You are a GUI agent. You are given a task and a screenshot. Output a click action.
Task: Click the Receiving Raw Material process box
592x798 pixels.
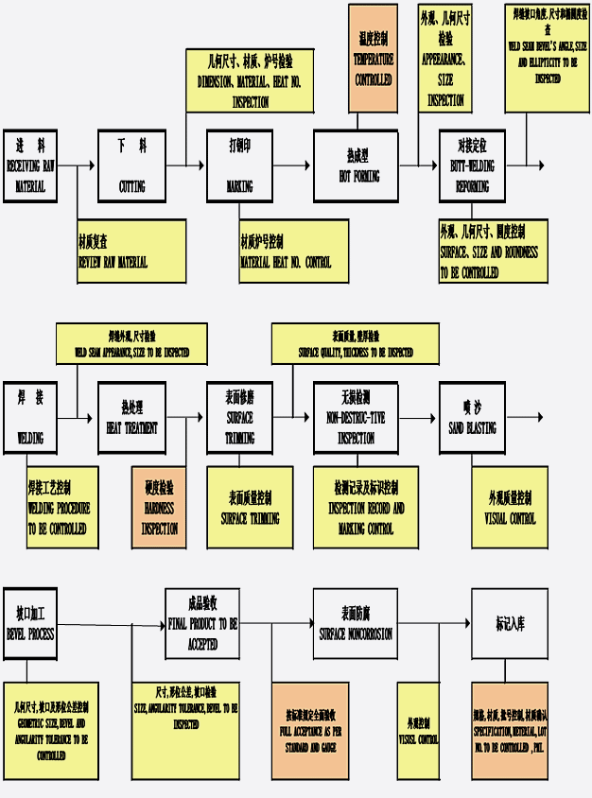click(x=29, y=165)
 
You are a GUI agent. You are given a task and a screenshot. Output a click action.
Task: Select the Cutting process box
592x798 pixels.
click(x=131, y=165)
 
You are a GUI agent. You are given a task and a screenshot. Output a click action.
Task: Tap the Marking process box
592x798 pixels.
click(x=239, y=165)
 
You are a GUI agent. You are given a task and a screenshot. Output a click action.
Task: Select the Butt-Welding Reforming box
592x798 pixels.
click(x=472, y=165)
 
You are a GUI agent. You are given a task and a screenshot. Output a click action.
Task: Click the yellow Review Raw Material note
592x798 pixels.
click(x=131, y=251)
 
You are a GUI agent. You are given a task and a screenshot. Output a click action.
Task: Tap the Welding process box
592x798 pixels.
click(x=29, y=418)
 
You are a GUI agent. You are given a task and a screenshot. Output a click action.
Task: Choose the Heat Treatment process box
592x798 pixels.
click(x=131, y=418)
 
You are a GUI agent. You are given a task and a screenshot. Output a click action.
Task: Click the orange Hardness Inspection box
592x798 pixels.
click(x=159, y=507)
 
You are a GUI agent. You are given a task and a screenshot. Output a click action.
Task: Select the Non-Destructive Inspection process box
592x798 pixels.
click(x=356, y=418)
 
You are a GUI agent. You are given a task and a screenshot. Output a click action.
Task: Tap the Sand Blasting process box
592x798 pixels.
click(x=472, y=418)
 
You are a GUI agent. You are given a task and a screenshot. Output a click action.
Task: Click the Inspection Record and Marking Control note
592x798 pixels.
click(x=365, y=507)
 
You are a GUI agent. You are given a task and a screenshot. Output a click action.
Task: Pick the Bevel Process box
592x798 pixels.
click(x=29, y=624)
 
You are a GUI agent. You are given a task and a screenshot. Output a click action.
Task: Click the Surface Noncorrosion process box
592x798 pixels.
click(x=355, y=624)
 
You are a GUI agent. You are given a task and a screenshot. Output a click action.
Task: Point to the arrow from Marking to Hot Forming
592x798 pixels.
click(x=293, y=165)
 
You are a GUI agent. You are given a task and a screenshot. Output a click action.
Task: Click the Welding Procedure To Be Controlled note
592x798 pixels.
click(x=61, y=507)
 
